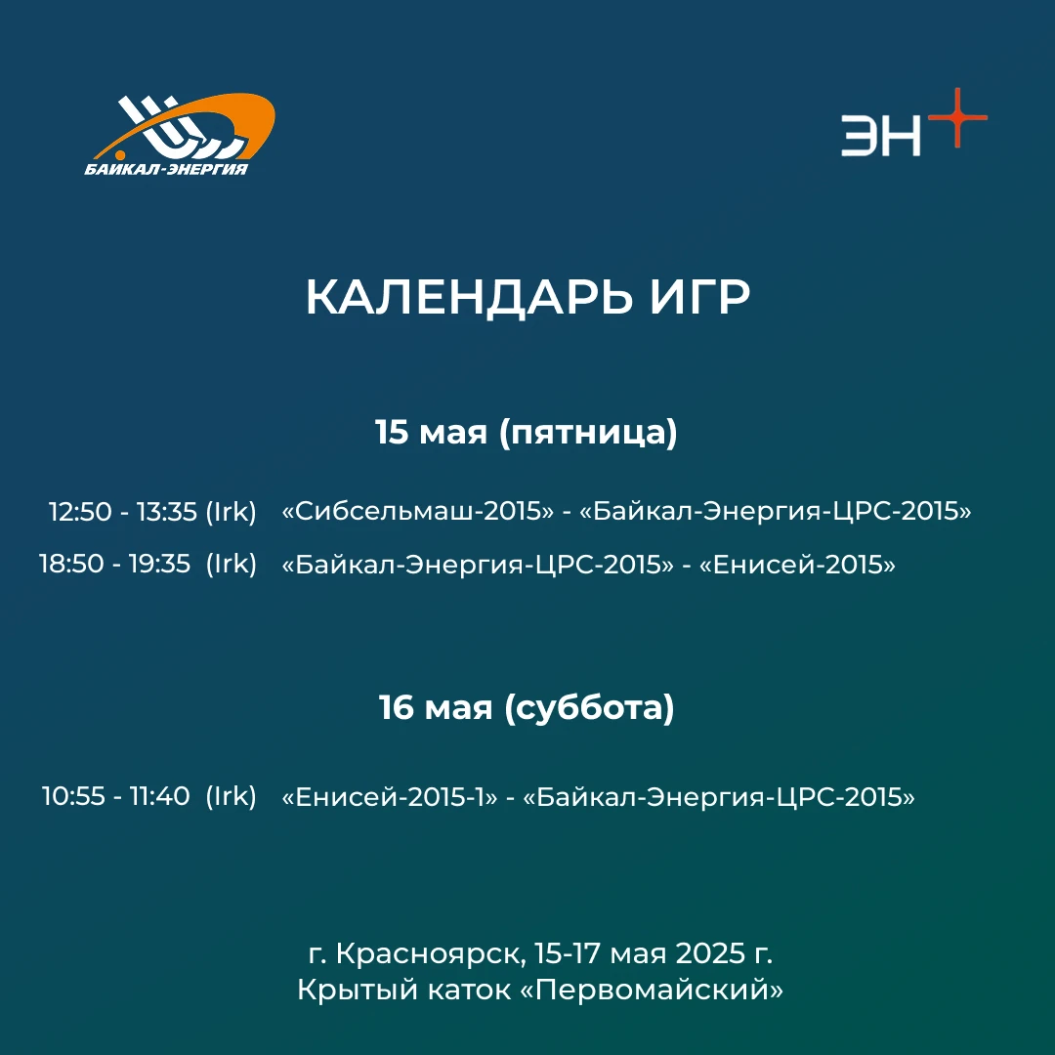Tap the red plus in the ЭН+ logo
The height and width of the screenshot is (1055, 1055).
tap(957, 118)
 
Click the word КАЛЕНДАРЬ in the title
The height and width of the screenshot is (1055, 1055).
tap(469, 297)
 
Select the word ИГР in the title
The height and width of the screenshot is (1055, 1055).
tap(699, 297)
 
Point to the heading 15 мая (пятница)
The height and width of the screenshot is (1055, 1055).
tap(527, 432)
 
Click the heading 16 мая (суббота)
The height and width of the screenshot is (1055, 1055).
tap(527, 707)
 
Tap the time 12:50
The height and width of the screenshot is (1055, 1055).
tap(80, 511)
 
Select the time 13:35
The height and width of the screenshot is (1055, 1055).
tap(168, 511)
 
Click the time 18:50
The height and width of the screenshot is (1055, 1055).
tap(71, 564)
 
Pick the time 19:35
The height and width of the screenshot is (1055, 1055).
tap(160, 564)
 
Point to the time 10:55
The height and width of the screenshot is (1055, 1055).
tap(73, 796)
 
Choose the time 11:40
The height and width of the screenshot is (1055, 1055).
tap(160, 796)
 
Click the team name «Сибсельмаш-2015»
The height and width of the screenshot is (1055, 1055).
tap(418, 511)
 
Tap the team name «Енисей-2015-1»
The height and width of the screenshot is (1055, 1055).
tap(390, 797)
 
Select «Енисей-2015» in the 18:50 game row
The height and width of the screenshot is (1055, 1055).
tap(798, 564)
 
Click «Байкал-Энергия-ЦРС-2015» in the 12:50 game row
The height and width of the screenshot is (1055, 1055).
tap(776, 511)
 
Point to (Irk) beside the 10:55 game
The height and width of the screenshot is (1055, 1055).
tap(231, 796)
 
